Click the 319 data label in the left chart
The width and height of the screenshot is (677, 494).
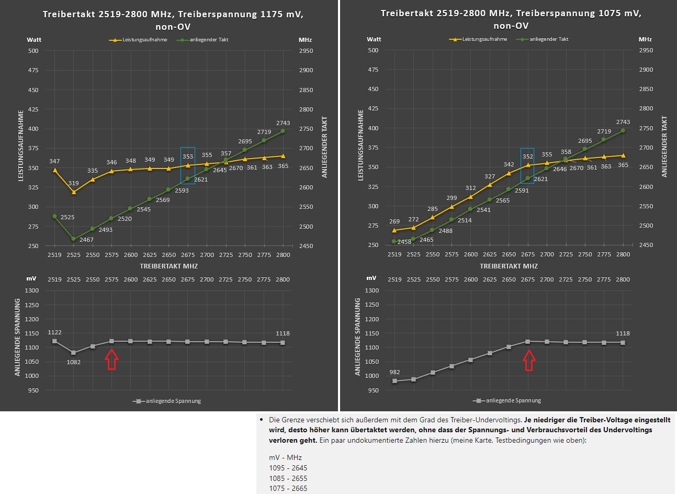tap(74, 183)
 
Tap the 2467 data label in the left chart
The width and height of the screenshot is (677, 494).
tap(86, 240)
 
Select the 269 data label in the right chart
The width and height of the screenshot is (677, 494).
tap(394, 221)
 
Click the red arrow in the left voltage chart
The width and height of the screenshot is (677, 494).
tap(111, 360)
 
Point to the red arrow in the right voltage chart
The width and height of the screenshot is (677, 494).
tap(529, 360)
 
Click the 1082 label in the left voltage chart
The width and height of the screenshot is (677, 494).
tap(74, 362)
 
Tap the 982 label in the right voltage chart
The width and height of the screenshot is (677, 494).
tap(394, 372)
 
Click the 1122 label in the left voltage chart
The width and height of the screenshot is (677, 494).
tap(54, 332)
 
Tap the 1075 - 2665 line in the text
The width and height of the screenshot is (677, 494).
tap(288, 488)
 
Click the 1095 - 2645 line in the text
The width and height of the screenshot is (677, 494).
tap(288, 468)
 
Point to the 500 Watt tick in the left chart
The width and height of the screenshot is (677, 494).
tap(33, 51)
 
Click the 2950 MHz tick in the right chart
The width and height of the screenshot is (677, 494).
tap(646, 50)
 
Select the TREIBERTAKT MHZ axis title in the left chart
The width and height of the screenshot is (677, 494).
tap(168, 266)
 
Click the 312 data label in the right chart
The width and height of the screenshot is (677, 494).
tap(471, 188)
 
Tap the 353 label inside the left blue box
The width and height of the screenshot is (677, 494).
tap(188, 156)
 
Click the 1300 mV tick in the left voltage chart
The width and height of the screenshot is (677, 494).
tap(32, 290)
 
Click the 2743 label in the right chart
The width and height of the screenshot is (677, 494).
tap(623, 122)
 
